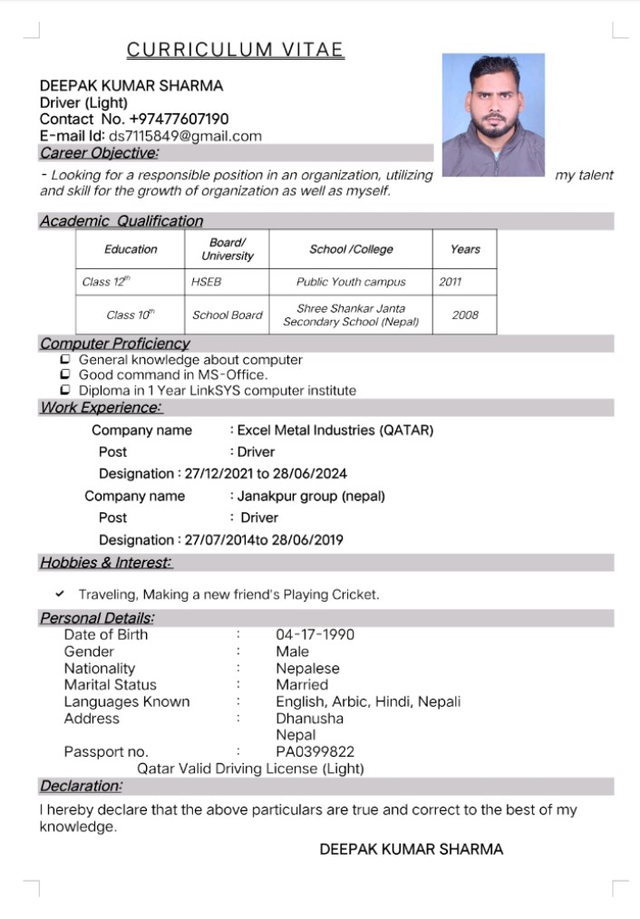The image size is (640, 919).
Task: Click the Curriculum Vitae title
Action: (235, 50)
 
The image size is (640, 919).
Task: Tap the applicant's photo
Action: (493, 114)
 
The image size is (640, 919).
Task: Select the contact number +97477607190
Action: (179, 119)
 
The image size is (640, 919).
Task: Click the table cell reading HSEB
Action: (206, 282)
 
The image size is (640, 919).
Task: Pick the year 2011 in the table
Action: (450, 282)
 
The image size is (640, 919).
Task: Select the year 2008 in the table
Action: (464, 315)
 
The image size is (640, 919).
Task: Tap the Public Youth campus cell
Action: (351, 282)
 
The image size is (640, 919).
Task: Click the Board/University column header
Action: (227, 249)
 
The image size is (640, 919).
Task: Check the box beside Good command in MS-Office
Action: (64, 374)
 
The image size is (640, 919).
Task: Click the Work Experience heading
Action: (100, 408)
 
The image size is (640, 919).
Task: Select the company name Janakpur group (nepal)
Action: (311, 496)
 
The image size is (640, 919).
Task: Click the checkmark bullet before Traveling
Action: (60, 595)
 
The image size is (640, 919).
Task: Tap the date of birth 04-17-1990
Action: (315, 634)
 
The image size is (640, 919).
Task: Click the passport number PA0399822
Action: (315, 751)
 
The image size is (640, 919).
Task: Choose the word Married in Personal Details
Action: (302, 684)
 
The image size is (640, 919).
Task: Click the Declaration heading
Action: (81, 786)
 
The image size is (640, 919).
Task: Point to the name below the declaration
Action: (411, 849)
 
